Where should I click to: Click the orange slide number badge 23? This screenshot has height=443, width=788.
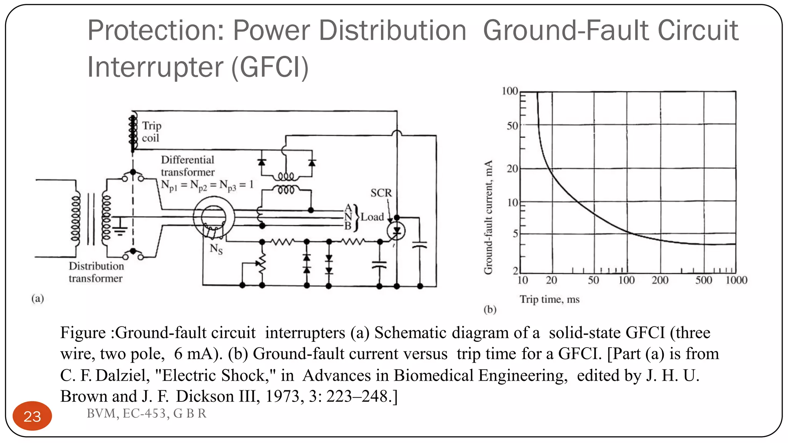coord(32,416)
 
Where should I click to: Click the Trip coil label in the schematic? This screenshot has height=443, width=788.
coord(151,132)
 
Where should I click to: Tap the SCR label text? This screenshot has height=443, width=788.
coord(381,193)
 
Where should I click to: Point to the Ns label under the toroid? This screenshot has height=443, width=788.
coord(216,249)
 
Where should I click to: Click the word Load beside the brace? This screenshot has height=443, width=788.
coord(372,217)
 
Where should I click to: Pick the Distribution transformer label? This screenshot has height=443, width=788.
coord(96,272)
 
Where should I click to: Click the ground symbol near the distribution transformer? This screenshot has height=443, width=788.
coord(120,230)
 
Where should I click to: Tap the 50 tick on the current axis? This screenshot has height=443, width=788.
coord(513,126)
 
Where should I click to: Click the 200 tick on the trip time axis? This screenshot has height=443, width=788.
coord(660,280)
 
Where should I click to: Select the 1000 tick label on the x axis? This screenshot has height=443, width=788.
coord(736,280)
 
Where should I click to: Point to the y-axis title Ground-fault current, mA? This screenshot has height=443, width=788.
coord(488,217)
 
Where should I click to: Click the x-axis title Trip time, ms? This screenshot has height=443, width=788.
coord(549,299)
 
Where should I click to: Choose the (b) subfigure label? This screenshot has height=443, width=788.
coord(490,310)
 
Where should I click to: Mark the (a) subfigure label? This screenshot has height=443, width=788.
coord(38,298)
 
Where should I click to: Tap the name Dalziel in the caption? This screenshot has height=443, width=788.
coord(122,375)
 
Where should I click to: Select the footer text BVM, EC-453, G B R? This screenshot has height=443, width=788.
coord(146,413)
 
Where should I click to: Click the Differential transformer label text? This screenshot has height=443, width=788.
coord(187,166)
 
